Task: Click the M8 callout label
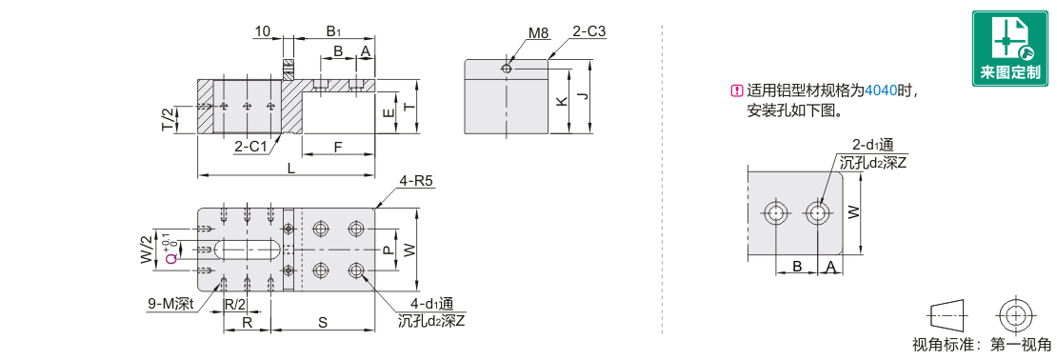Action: click(x=538, y=32)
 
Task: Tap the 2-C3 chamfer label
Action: click(x=589, y=31)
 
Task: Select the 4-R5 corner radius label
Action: click(x=416, y=181)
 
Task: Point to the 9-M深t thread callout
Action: click(x=171, y=305)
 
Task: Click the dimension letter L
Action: click(x=290, y=169)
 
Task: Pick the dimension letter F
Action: click(x=338, y=146)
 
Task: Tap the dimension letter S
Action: click(x=323, y=323)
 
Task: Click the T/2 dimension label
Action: click(x=169, y=119)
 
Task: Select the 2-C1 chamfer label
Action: click(x=250, y=147)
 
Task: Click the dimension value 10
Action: click(x=263, y=31)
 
